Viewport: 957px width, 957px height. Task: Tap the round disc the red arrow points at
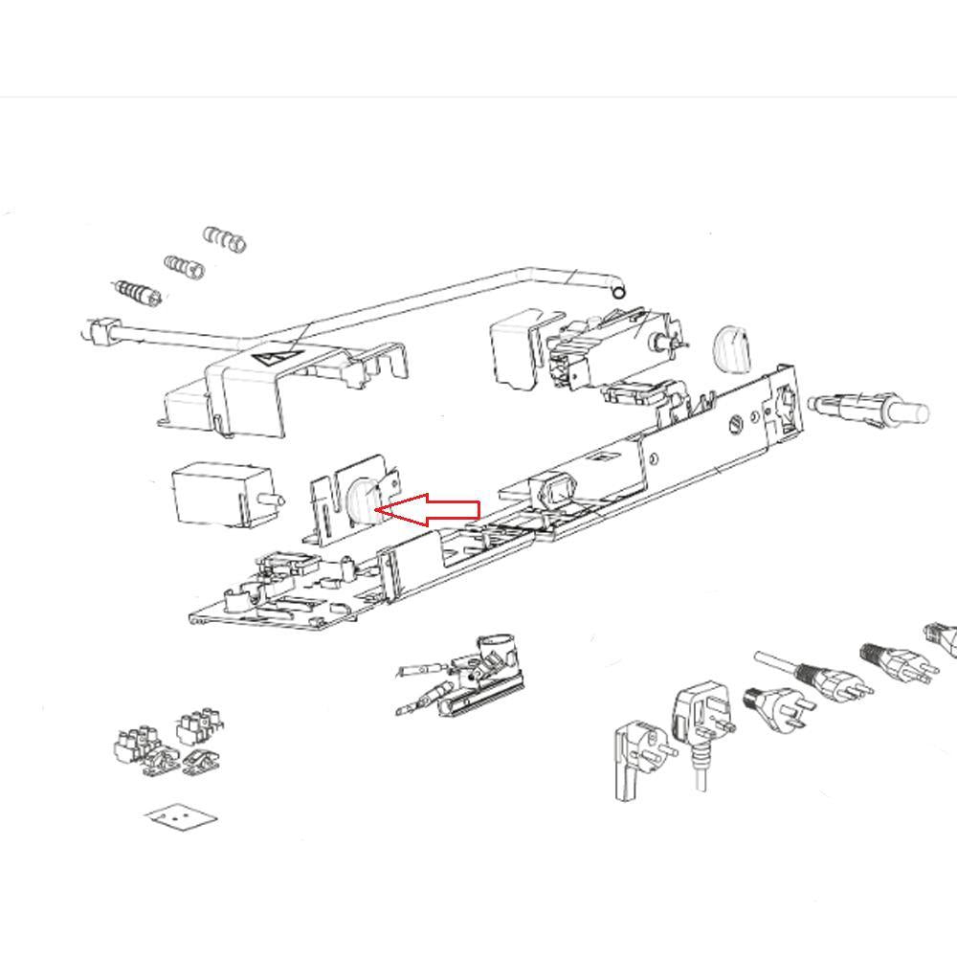coord(363,501)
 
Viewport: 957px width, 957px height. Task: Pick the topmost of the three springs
coord(226,238)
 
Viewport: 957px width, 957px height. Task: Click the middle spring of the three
coord(184,266)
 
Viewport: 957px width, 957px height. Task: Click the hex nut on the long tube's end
coord(96,332)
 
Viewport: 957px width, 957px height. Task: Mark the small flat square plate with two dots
coord(180,818)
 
